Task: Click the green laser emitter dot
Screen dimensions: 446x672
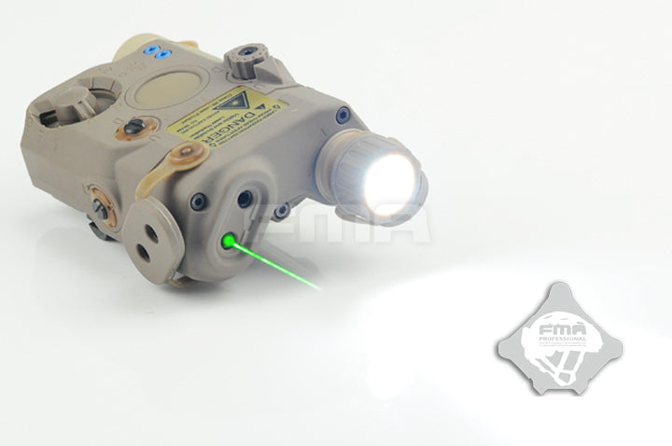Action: tap(228, 240)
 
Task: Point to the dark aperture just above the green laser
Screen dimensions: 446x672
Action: tap(245, 199)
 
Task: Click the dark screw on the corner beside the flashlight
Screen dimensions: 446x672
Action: tap(343, 115)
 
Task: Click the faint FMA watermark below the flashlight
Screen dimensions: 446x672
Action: tap(392, 224)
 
